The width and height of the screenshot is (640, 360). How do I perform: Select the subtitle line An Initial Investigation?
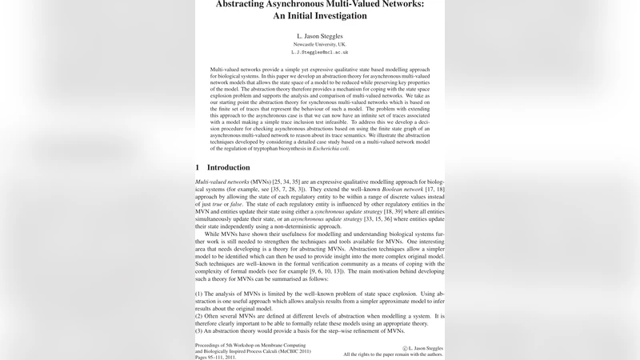[319, 18]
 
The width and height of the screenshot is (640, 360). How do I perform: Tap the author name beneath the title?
[319, 37]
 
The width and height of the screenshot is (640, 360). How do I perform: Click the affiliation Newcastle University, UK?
[319, 45]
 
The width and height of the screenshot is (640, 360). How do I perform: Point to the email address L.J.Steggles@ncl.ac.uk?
[319, 53]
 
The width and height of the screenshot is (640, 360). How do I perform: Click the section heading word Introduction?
[229, 167]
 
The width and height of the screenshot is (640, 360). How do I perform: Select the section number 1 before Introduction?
[198, 167]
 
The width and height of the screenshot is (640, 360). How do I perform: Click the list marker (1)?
[199, 295]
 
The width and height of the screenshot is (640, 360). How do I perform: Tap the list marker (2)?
[199, 316]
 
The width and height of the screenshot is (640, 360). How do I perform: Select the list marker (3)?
[199, 330]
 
